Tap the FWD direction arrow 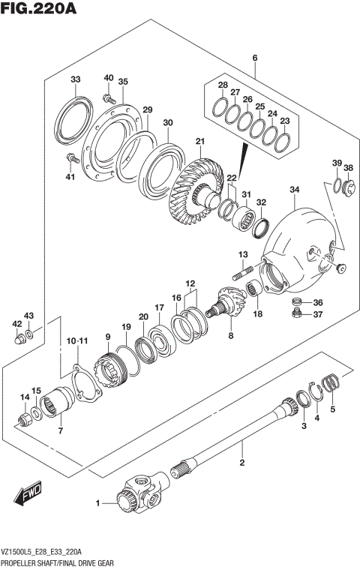[28, 493]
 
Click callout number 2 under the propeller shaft [242, 463]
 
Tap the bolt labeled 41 [71, 158]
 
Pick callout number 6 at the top [255, 58]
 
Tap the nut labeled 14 [26, 414]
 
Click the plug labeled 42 [19, 340]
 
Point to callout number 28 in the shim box [222, 85]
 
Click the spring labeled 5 [330, 383]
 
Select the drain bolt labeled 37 [297, 315]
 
